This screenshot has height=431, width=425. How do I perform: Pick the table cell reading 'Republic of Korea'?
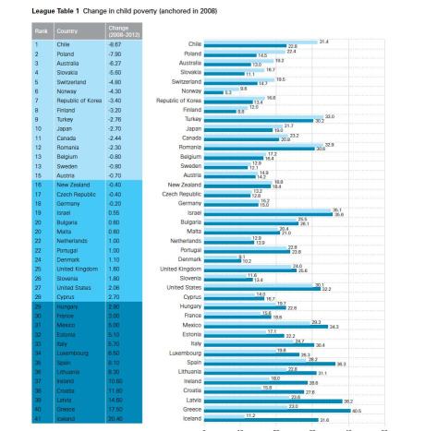point(67,97)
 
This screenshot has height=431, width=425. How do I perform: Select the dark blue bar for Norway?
point(212,93)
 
